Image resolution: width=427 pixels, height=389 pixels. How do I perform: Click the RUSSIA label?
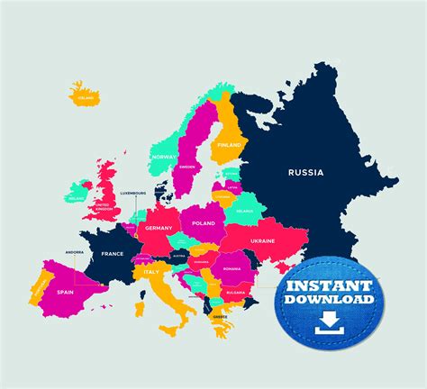305,171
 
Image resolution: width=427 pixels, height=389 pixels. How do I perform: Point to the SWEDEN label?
187,167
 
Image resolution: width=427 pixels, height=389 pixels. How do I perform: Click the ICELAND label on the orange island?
86,97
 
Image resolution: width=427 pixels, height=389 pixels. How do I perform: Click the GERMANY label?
159,229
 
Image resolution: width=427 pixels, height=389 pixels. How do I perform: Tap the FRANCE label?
112,254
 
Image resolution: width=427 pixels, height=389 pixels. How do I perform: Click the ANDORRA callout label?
74,254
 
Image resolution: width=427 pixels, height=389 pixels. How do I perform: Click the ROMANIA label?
232,269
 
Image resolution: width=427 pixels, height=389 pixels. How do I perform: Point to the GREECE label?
220,316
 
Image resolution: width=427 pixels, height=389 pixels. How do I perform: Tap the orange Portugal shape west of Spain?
39,290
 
